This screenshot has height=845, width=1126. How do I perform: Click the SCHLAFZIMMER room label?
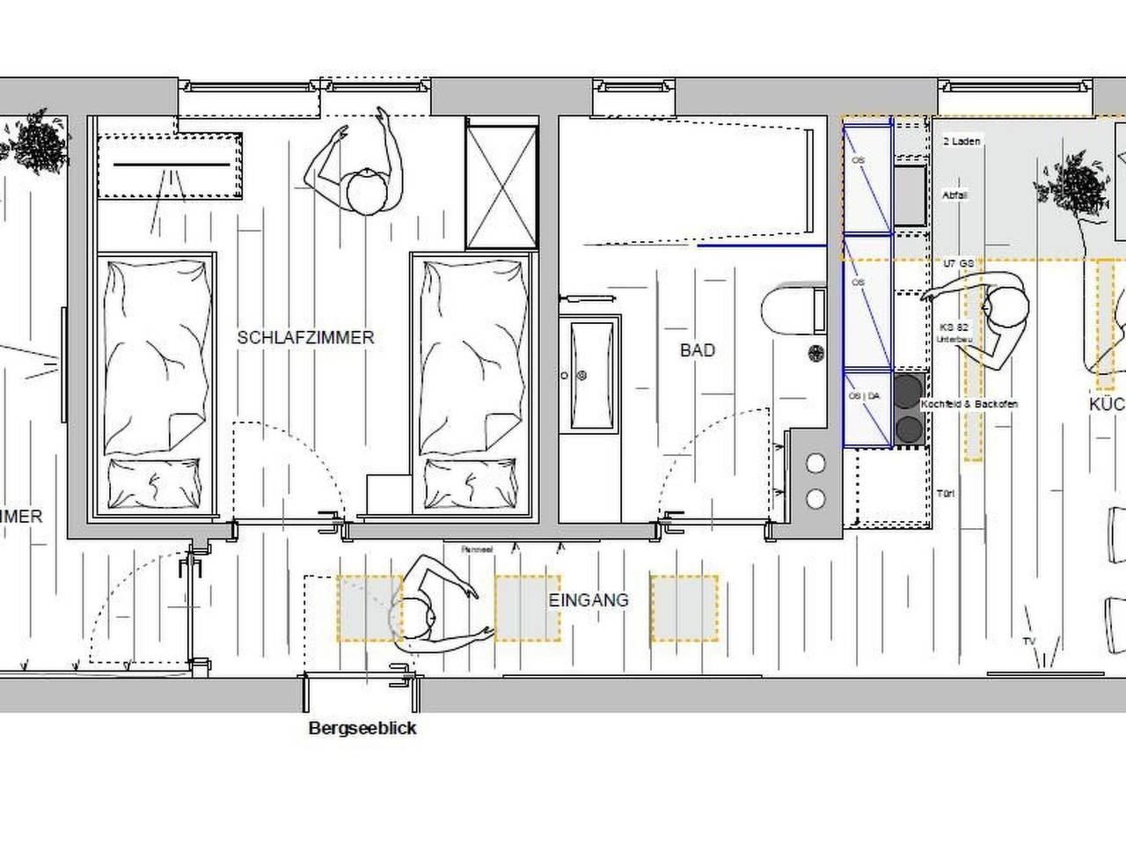point(305,337)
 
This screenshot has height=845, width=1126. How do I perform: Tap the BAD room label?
point(697,350)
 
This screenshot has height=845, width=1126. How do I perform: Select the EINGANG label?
point(589,600)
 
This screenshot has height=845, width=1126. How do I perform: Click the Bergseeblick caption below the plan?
point(362,729)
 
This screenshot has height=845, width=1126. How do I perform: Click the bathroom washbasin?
point(591,375)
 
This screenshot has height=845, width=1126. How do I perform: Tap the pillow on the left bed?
point(154,483)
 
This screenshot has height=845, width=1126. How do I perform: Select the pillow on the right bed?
point(475,483)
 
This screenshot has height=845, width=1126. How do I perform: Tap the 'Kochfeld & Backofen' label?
point(969,404)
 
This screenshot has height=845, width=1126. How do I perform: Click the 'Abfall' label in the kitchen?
point(954,195)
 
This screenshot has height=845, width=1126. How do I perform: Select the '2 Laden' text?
point(961,141)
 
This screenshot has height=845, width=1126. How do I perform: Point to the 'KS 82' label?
point(954,327)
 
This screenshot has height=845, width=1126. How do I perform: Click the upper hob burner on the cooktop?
point(908,389)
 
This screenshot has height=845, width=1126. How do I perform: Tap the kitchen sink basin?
point(910,194)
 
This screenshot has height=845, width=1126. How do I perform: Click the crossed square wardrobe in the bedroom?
point(501,187)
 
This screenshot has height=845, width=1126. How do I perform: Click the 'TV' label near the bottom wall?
point(1028,641)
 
